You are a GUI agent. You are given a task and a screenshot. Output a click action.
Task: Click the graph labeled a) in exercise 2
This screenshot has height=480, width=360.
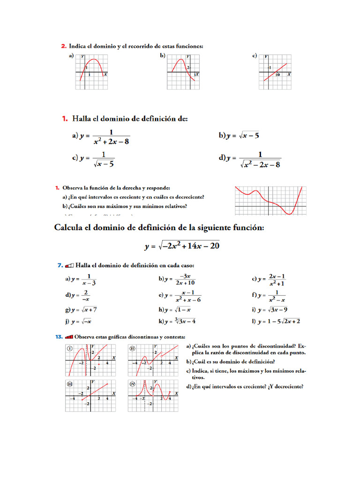pyautogui.click(x=91, y=72)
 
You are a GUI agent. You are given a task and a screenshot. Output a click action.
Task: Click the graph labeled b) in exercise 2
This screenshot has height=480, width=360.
pyautogui.click(x=183, y=72)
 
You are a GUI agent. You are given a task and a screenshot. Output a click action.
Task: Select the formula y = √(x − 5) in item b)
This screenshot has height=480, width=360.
pyautogui.click(x=242, y=136)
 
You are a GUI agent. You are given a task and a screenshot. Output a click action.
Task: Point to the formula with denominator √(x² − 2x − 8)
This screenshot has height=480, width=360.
pyautogui.click(x=260, y=159)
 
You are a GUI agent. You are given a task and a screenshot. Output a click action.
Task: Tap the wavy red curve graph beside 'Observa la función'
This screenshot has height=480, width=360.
pyautogui.click(x=270, y=201)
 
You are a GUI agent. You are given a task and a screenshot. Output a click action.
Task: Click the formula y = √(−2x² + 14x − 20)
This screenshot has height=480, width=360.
pyautogui.click(x=182, y=246)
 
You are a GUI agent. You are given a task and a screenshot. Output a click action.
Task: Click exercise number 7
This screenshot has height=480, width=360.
pyautogui.click(x=60, y=265)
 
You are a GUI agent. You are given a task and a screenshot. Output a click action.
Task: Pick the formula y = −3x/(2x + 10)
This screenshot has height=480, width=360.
pyautogui.click(x=180, y=279)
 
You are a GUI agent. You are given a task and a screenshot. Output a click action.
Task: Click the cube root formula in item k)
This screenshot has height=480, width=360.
pyautogui.click(x=180, y=321)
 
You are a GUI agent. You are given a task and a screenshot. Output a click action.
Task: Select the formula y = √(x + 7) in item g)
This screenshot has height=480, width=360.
pyautogui.click(x=84, y=310)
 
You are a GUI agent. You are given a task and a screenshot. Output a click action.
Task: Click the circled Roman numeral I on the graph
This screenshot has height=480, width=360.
pyautogui.click(x=69, y=348)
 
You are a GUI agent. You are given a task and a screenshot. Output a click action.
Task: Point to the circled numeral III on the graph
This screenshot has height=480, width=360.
pyautogui.click(x=69, y=383)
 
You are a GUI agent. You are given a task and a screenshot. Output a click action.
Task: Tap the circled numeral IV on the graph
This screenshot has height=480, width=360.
pyautogui.click(x=132, y=383)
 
